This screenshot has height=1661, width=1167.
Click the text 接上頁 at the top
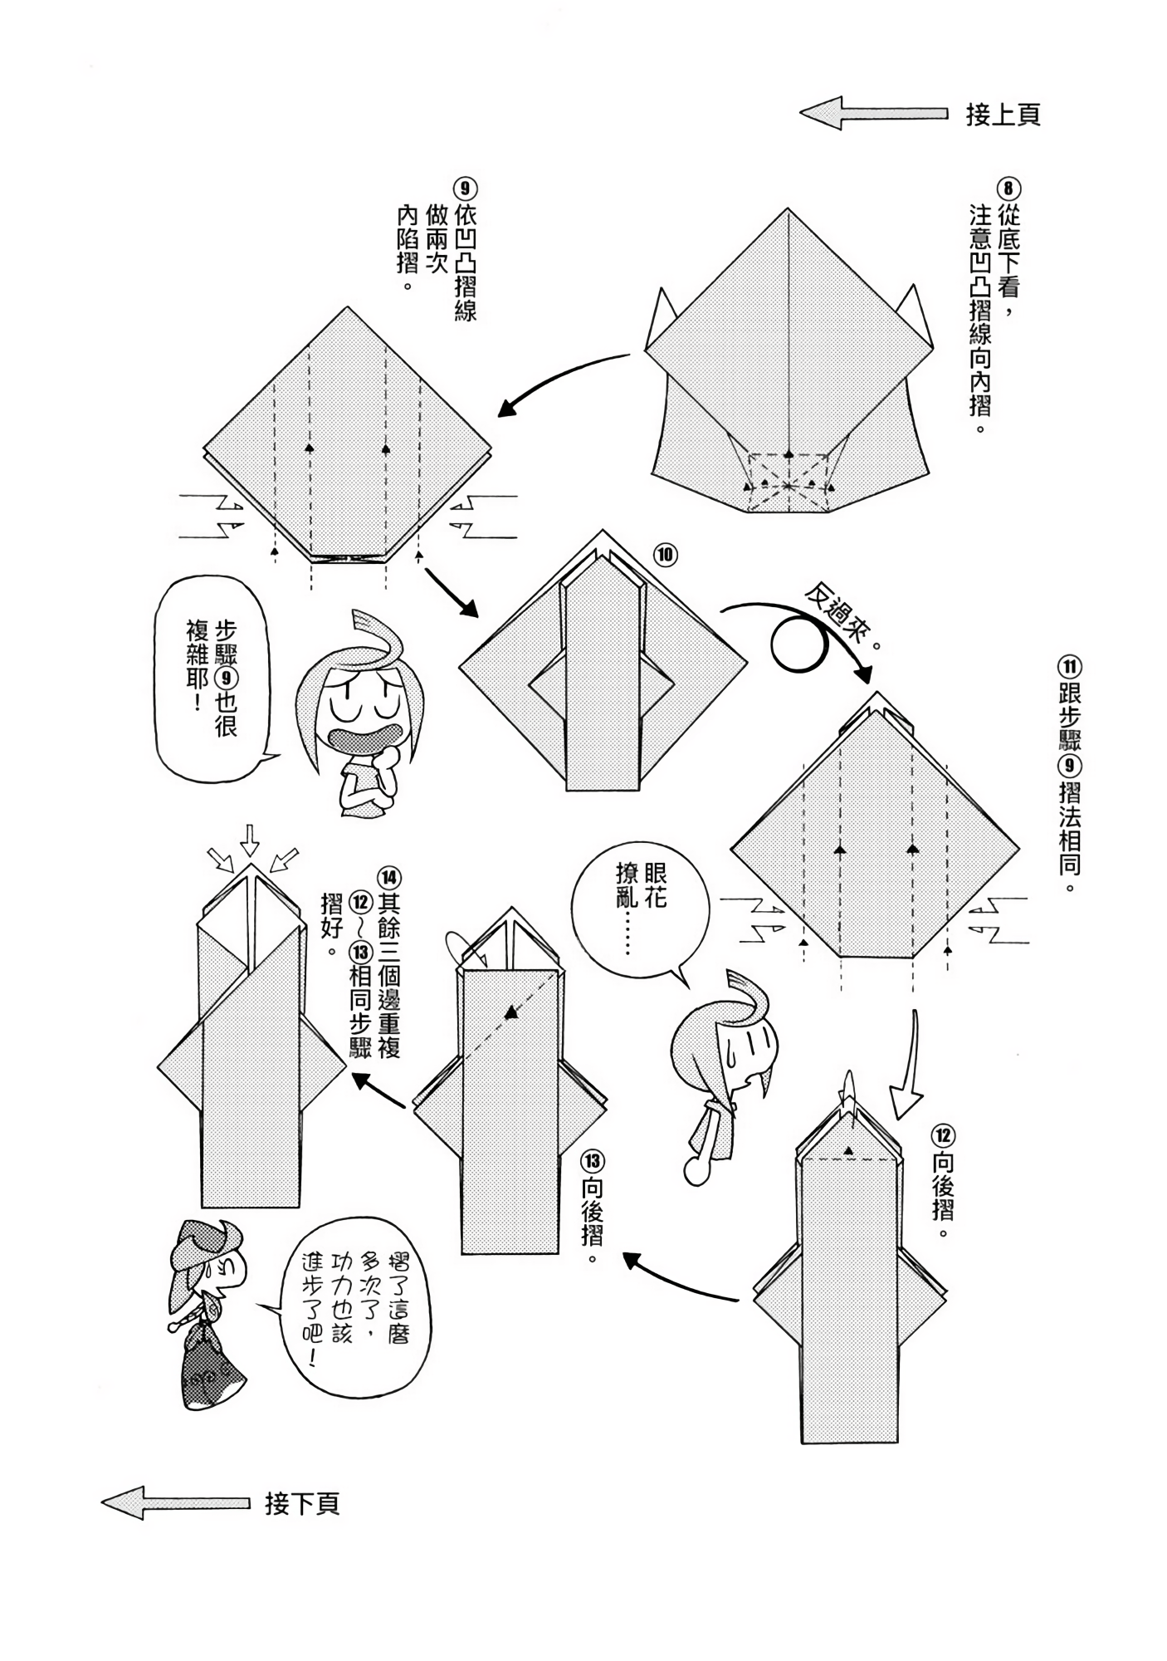click(1002, 115)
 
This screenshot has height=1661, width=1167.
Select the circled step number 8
click(1008, 188)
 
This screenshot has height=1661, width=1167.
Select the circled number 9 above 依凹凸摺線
click(465, 188)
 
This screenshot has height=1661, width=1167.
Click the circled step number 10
click(666, 554)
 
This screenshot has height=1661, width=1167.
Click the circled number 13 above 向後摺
click(593, 1161)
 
